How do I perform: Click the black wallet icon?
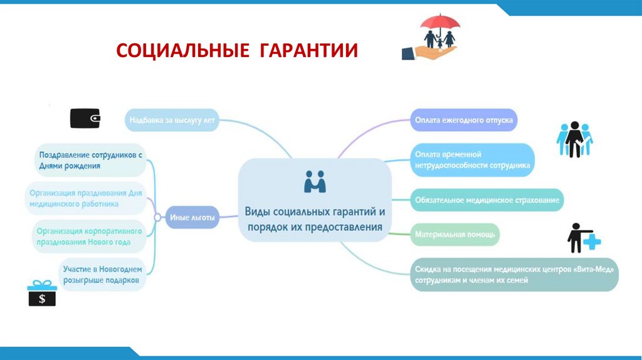click(x=85, y=118)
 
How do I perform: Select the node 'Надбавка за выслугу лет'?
click(x=172, y=120)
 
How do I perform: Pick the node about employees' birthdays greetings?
click(x=91, y=160)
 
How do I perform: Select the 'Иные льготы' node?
click(x=192, y=218)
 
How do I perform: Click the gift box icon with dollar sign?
click(x=42, y=294)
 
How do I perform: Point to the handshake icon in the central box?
click(x=315, y=182)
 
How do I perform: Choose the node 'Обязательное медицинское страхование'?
click(x=487, y=200)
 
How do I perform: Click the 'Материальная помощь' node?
click(x=455, y=235)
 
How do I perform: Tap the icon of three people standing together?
click(x=574, y=139)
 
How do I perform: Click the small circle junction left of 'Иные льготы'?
click(x=157, y=218)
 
